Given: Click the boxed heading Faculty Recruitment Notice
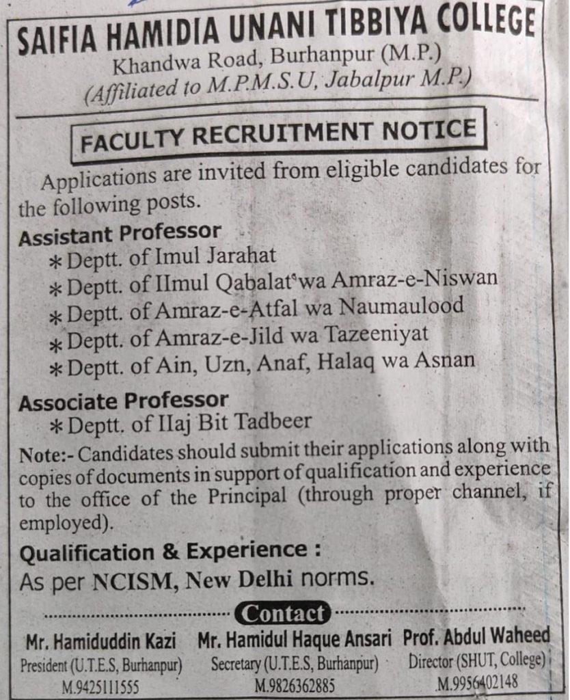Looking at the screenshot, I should coord(278,135).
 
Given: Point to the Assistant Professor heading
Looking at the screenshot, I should coord(120,234).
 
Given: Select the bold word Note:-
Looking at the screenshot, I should coord(42,454).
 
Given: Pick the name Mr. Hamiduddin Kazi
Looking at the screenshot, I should coord(100,641).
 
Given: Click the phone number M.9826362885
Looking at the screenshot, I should coord(295,685).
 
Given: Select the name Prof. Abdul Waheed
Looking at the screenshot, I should coord(476,636).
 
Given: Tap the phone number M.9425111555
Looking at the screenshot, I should coord(100,686).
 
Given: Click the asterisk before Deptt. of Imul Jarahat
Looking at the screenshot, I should coord(56,261).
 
